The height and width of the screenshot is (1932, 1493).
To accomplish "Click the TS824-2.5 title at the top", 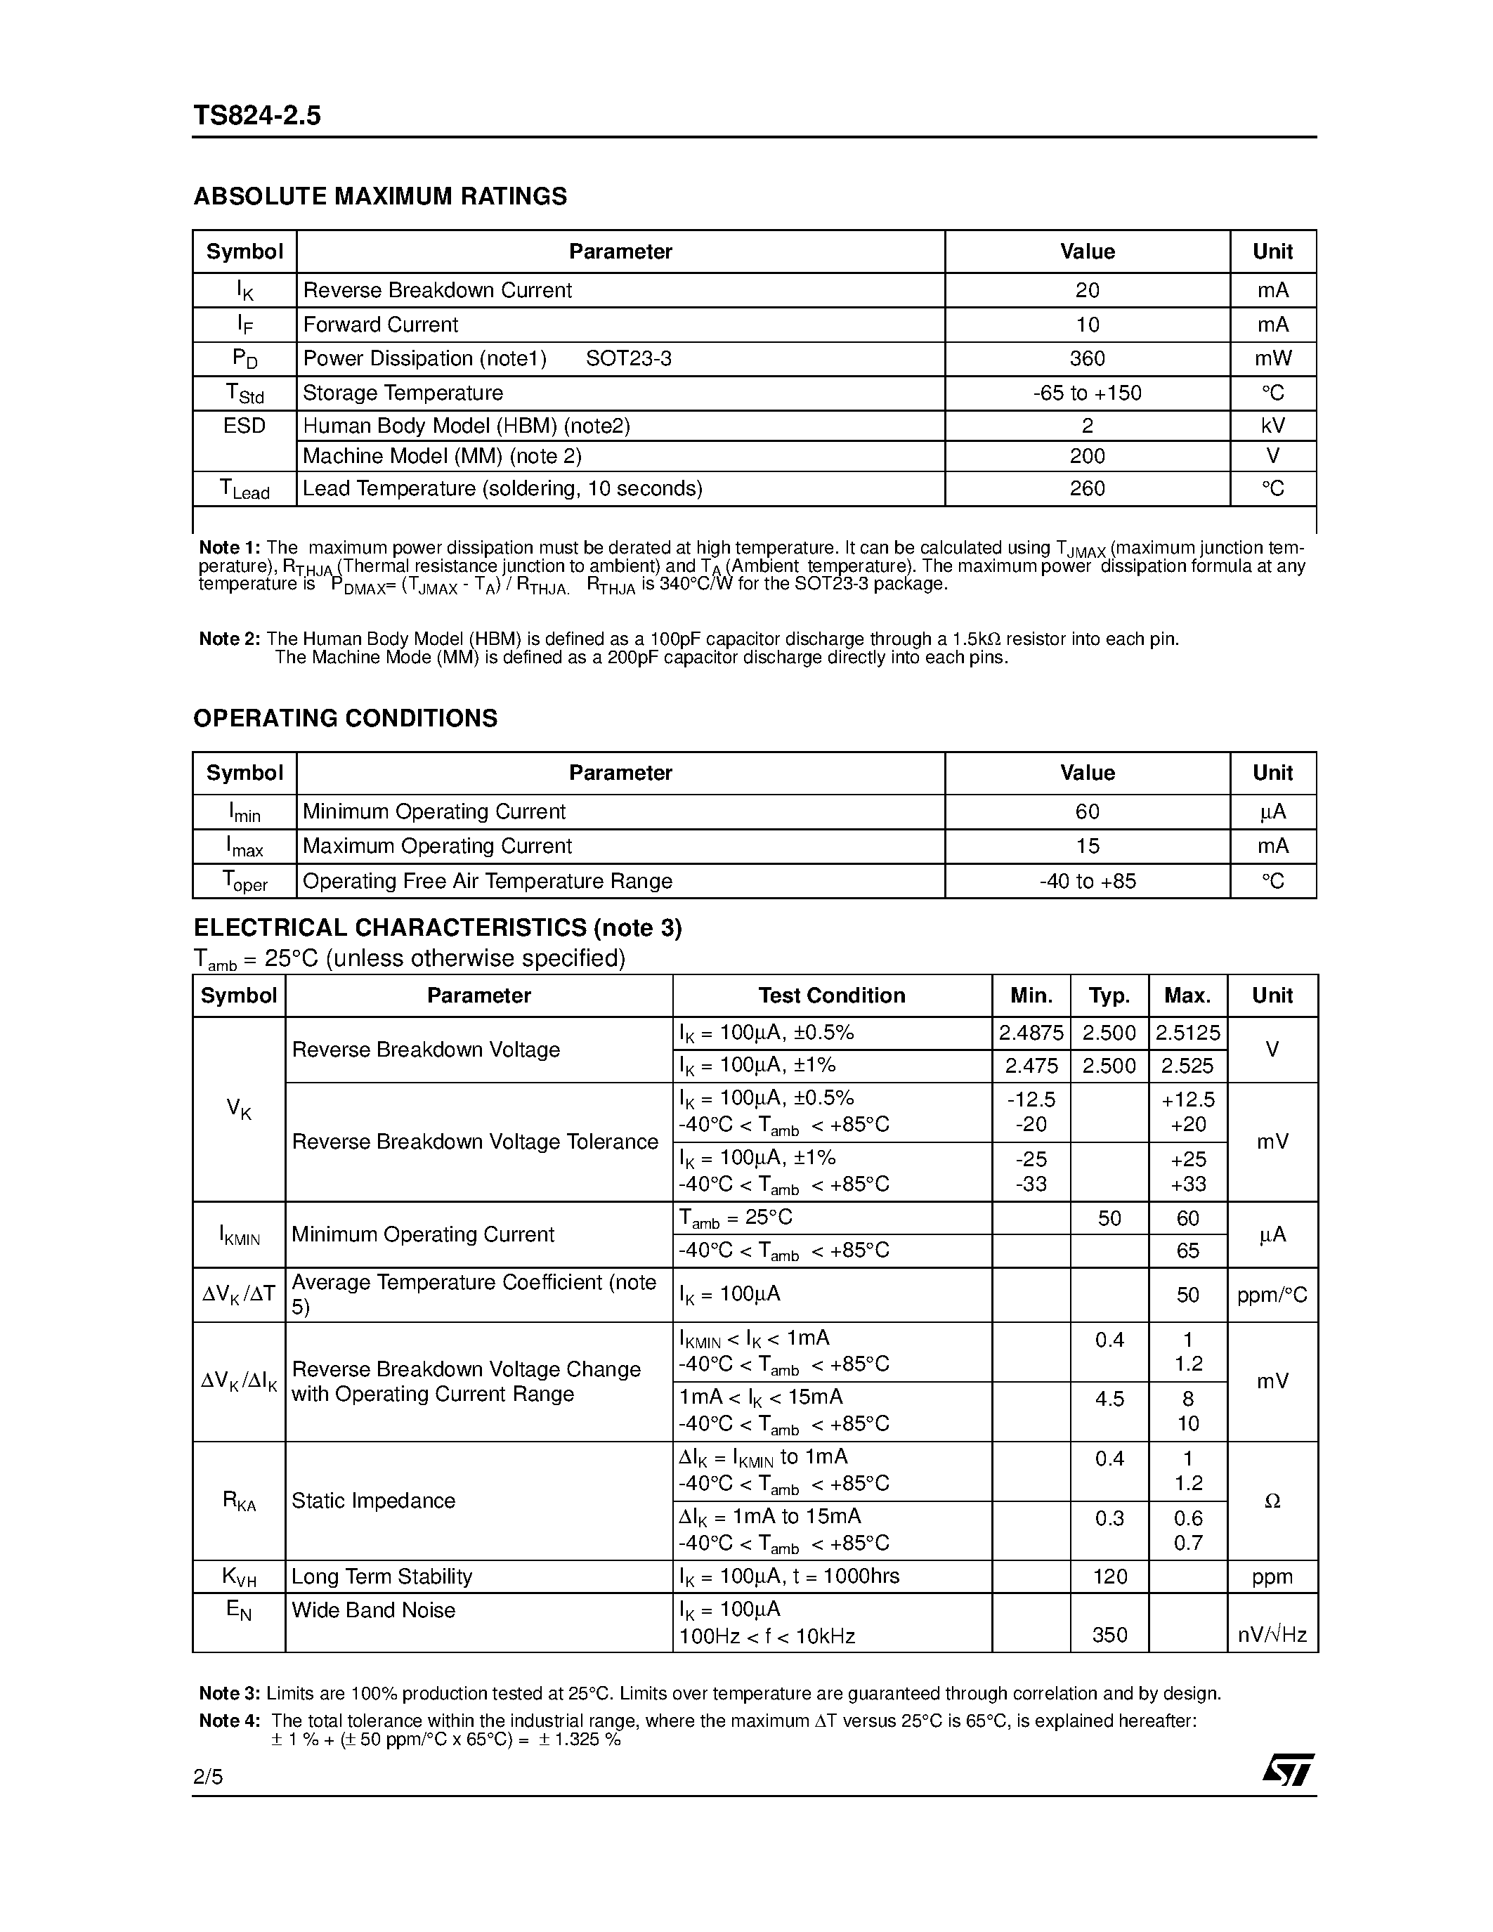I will [256, 115].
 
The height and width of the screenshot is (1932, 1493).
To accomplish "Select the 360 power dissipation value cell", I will [1086, 358].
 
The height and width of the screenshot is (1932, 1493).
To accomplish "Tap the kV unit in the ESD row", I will [1272, 426].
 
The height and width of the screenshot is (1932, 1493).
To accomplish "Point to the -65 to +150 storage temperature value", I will [1086, 393].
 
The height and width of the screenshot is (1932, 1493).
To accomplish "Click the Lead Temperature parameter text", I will [502, 488].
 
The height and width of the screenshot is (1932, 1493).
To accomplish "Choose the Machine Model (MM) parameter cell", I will [441, 457].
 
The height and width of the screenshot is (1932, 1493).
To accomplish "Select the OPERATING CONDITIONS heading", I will [345, 717].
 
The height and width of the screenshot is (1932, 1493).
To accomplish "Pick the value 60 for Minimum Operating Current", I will [1086, 811].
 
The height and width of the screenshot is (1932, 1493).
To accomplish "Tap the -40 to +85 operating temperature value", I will [1086, 881].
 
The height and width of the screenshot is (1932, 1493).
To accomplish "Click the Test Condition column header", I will [831, 996].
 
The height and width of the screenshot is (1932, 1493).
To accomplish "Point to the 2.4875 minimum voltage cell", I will [1031, 1032].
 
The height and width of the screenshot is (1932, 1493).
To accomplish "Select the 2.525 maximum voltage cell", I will [1187, 1066].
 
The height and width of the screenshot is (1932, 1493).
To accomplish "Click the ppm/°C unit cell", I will [1272, 1295].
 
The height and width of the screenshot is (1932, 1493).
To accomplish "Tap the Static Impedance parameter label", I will [373, 1501].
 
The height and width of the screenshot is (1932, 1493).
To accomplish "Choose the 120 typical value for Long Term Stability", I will [1109, 1577].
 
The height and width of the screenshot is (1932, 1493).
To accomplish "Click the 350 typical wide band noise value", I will [1109, 1635].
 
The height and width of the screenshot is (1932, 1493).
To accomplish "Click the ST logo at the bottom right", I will [1288, 1769].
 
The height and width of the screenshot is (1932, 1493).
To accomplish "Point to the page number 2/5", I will [208, 1776].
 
